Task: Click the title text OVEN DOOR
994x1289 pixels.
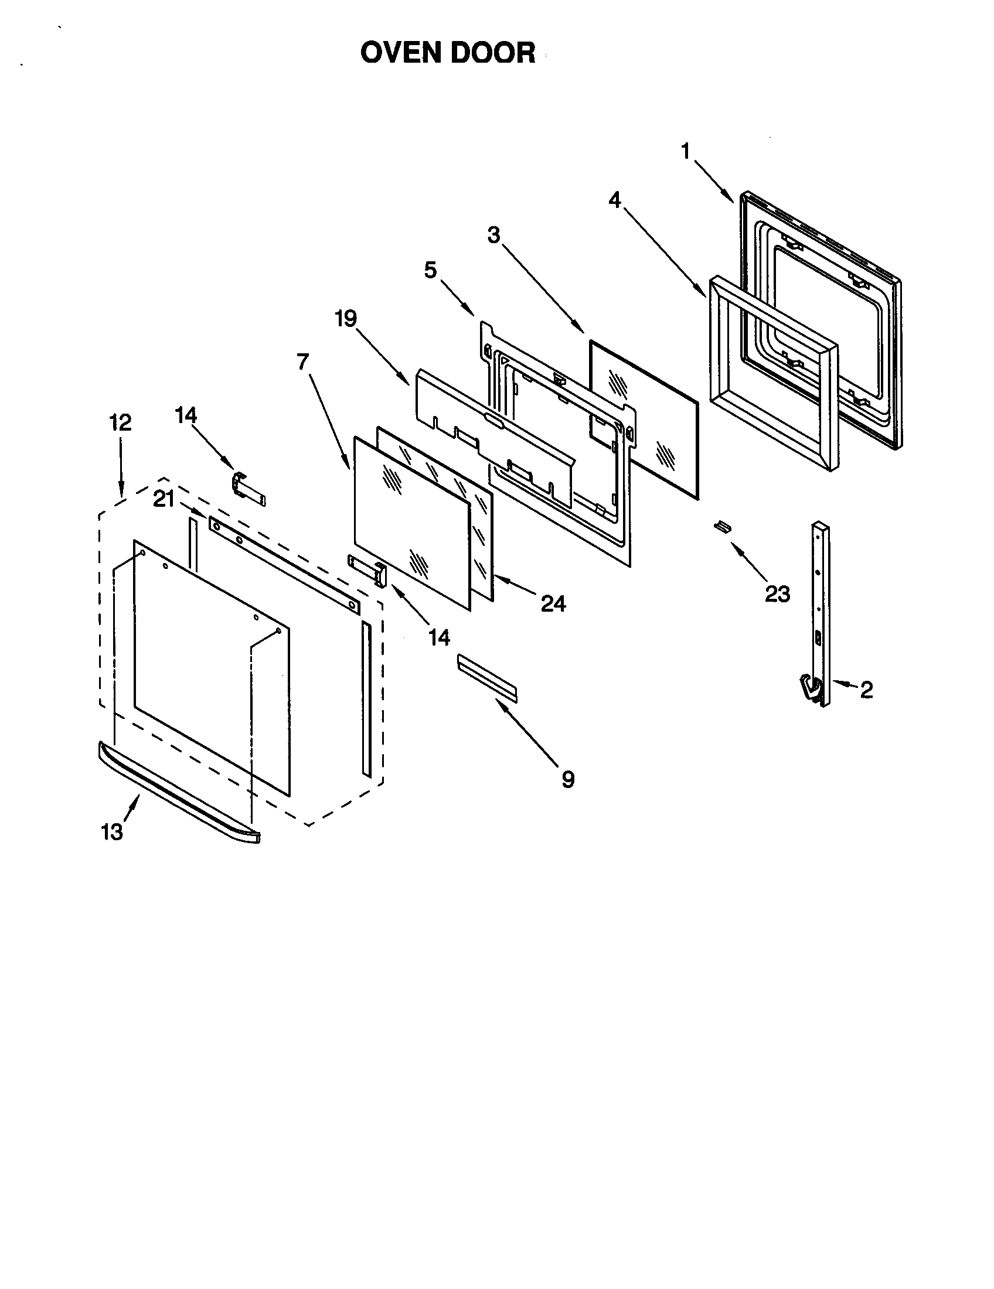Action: pyautogui.click(x=447, y=53)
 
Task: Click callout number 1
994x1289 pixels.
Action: pyautogui.click(x=685, y=152)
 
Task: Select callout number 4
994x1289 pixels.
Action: pyautogui.click(x=615, y=200)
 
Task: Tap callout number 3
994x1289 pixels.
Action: pyautogui.click(x=493, y=236)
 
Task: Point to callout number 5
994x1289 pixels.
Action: pyautogui.click(x=431, y=270)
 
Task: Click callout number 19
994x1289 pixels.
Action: pyautogui.click(x=346, y=319)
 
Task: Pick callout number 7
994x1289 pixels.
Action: pyautogui.click(x=303, y=361)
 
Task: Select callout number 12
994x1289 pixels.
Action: pyautogui.click(x=120, y=422)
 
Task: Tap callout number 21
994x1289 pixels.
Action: pyautogui.click(x=164, y=499)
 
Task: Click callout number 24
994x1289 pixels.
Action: pyautogui.click(x=553, y=603)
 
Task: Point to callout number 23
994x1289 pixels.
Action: pyautogui.click(x=777, y=594)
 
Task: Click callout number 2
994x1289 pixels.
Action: pyautogui.click(x=866, y=690)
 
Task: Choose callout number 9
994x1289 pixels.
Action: pyautogui.click(x=567, y=780)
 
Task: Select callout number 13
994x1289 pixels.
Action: pyautogui.click(x=111, y=832)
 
